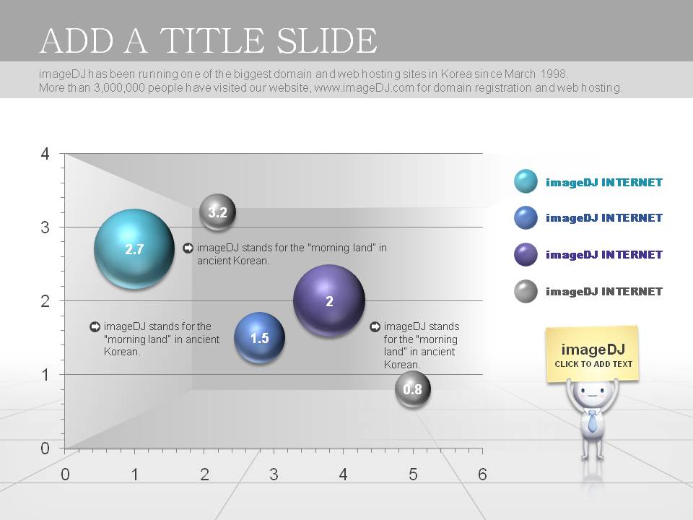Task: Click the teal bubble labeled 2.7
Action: tap(134, 249)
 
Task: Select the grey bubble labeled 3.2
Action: tap(217, 212)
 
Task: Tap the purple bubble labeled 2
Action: tap(329, 300)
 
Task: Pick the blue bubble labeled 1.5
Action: tap(259, 338)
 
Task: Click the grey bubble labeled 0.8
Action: tap(413, 389)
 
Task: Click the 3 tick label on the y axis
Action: tap(45, 227)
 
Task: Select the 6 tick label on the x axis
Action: tap(482, 474)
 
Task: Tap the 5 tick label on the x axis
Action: tap(413, 474)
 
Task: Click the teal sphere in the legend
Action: tap(526, 181)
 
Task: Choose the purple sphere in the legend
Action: tap(526, 254)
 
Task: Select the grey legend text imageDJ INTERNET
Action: tap(604, 291)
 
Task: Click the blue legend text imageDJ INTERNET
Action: tap(604, 217)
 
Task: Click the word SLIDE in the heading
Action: tap(328, 40)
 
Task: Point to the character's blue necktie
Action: tap(592, 421)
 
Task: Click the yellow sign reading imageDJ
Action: tap(593, 354)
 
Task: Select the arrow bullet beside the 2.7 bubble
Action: tap(188, 248)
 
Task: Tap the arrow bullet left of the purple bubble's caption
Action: tap(375, 326)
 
